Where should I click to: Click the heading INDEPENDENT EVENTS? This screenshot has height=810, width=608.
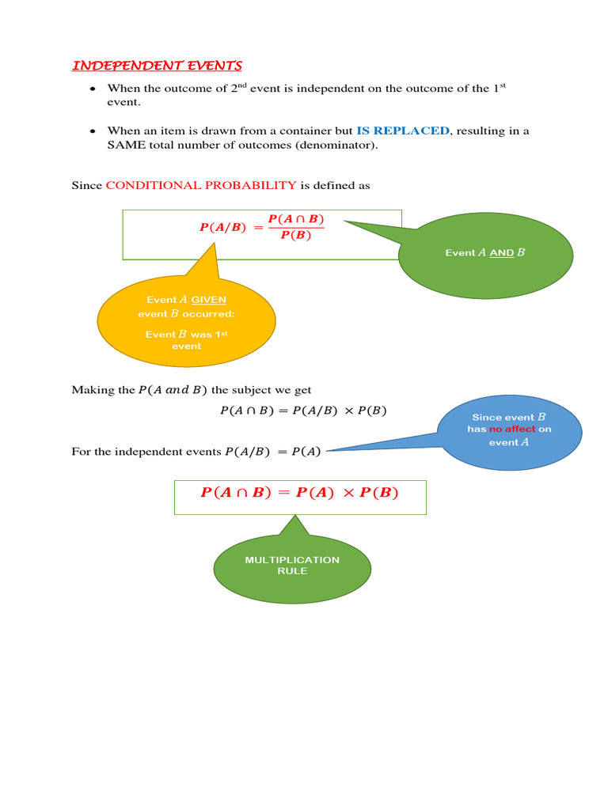pos(157,66)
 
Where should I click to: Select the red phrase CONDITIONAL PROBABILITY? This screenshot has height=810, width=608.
pos(201,185)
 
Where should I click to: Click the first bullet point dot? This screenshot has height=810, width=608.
pos(93,89)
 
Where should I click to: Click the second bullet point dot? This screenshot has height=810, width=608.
pos(93,131)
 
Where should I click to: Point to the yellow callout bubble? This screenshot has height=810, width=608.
pos(186,320)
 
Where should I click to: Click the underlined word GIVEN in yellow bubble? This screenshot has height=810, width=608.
pos(209,300)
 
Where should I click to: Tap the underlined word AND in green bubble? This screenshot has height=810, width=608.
pos(501,253)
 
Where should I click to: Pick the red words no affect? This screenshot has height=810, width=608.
pos(511,430)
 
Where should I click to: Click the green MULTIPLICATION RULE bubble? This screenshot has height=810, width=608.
pos(292,565)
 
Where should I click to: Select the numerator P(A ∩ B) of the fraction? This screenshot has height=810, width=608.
pos(296,218)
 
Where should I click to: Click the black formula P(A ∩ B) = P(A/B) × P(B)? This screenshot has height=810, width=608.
pos(303,411)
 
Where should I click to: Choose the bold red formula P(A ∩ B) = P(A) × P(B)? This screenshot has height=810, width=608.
pos(299,493)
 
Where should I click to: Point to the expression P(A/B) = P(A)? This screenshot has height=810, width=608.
pos(273,452)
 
